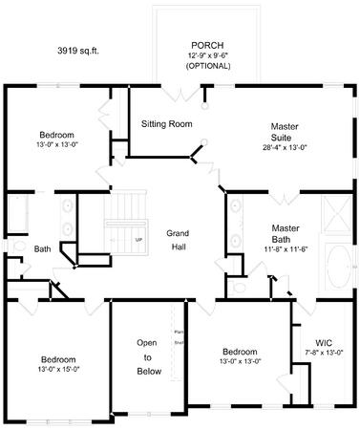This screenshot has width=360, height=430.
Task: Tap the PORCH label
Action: click(x=207, y=46)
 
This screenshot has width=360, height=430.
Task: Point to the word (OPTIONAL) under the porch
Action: click(x=207, y=66)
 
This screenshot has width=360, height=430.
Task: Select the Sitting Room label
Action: click(x=167, y=124)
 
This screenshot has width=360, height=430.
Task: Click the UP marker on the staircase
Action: click(x=139, y=239)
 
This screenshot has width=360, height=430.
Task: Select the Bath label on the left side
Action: click(x=42, y=250)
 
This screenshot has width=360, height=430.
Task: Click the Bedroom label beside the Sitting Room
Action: click(x=56, y=135)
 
